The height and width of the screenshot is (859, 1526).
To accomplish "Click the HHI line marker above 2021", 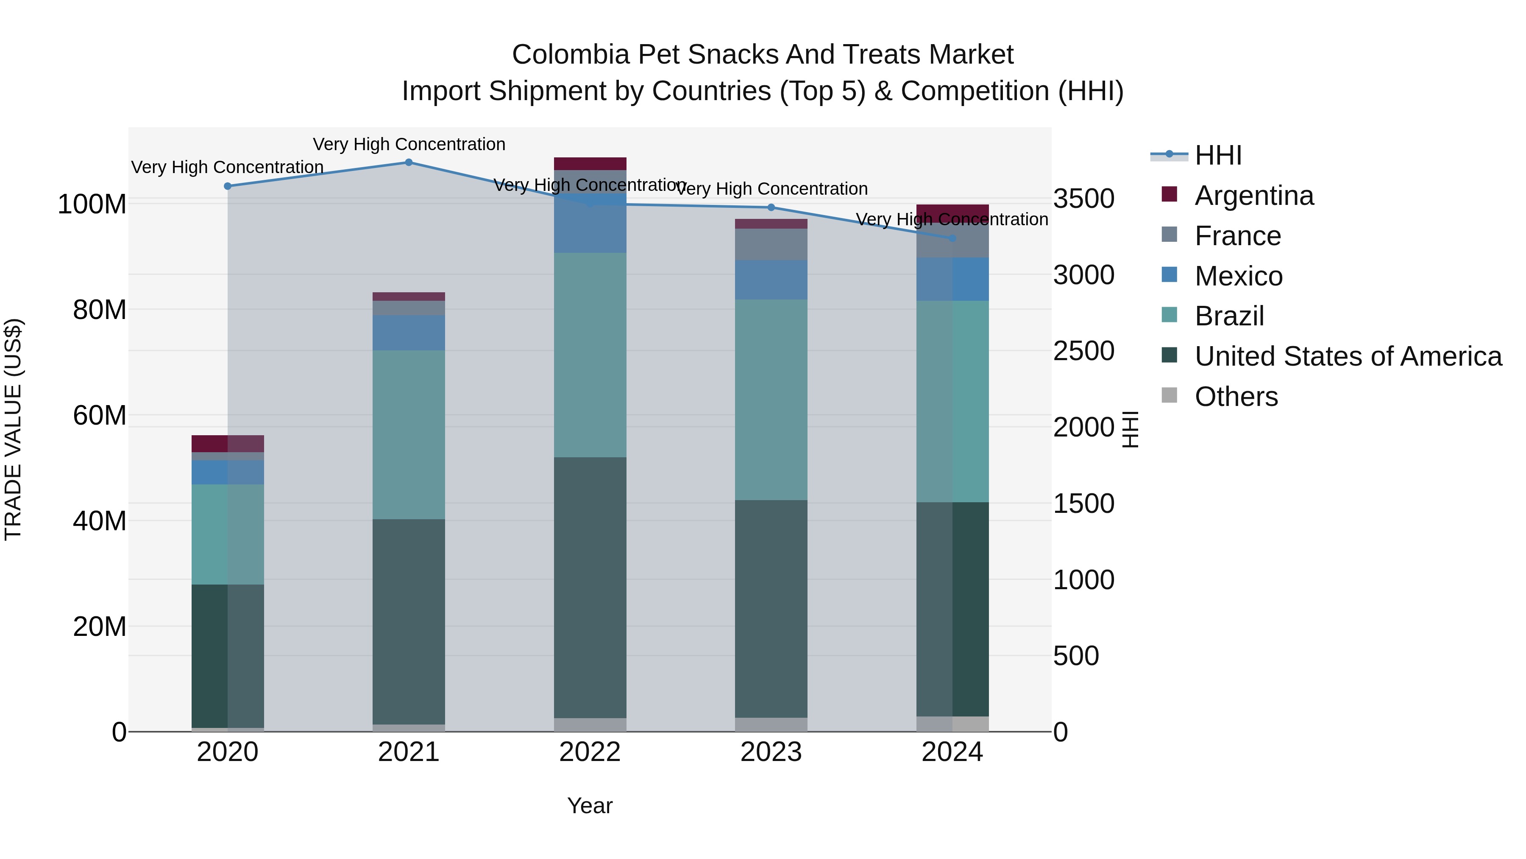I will [409, 162].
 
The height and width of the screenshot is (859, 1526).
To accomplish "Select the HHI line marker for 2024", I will [952, 238].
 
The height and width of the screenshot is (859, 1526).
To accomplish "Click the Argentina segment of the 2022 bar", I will [590, 164].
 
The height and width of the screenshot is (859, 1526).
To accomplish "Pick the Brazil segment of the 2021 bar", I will [409, 434].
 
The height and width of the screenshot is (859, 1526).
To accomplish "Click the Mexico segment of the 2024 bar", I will [952, 279].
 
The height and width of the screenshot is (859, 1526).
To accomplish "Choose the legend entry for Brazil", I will [1229, 316].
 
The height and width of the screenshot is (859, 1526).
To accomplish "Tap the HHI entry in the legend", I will [1218, 155].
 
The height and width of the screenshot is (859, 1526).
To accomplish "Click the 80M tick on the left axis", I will [100, 310].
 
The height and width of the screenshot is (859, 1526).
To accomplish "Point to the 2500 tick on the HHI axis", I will [1083, 351].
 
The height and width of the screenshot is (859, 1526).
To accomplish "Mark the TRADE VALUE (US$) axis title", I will [13, 429].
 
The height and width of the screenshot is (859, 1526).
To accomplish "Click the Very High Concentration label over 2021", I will [409, 144].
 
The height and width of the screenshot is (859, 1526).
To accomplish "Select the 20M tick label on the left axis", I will [100, 627].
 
